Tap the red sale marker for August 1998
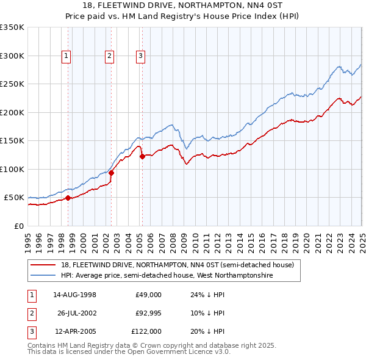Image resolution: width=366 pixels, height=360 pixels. pos(68,198)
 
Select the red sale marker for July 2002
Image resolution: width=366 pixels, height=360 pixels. pos(112,173)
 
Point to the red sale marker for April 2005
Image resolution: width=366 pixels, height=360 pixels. pos(142,156)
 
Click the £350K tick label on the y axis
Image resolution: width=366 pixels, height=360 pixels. pos(12,27)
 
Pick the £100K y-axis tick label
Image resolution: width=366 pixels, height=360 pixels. pos(12,169)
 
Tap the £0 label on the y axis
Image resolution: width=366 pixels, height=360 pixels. pos(18,226)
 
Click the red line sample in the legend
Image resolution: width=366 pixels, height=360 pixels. pos(43,265)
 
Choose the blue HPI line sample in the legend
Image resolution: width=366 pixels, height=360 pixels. pos(43,276)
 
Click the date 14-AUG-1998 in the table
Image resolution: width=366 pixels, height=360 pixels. pos(75,295)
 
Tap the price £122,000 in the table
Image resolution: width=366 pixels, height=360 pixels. pos(146,332)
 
